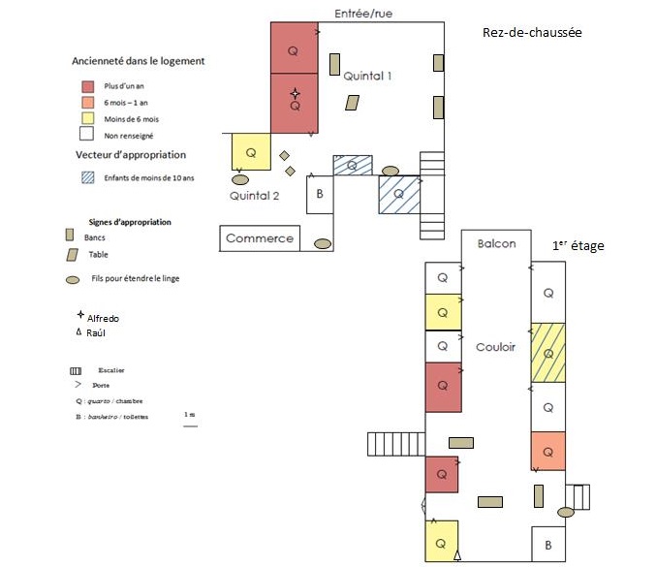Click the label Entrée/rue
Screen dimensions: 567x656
point(363,14)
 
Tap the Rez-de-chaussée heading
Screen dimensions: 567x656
point(531,32)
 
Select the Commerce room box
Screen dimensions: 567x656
point(259,238)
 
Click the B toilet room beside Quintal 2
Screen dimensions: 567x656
point(320,194)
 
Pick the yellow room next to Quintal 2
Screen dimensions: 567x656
point(250,152)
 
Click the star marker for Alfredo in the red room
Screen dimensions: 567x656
point(295,93)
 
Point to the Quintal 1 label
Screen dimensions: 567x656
point(368,76)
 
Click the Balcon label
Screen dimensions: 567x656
point(496,243)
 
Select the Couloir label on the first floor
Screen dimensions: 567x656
point(495,346)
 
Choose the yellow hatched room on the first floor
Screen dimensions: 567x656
point(547,351)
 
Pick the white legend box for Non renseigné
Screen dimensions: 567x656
point(86,135)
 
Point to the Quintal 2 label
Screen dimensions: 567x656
point(254,195)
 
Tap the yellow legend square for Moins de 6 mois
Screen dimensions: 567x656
point(86,118)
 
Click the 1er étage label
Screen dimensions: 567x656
point(578,246)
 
